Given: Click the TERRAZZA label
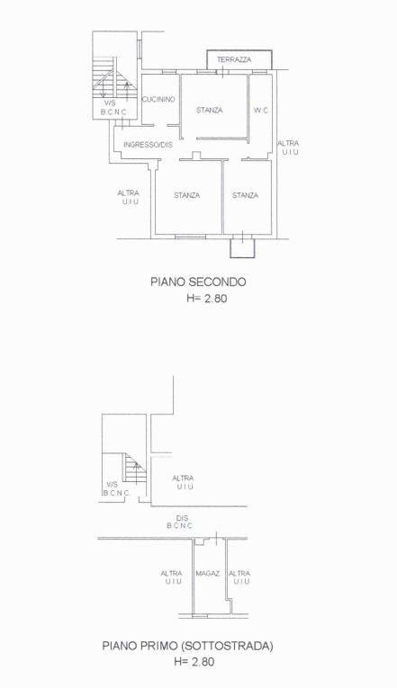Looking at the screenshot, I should coord(234,59).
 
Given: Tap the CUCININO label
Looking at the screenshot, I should coord(158,99).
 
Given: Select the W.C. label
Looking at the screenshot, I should coord(260,111).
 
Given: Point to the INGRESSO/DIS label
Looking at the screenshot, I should coord(148,144).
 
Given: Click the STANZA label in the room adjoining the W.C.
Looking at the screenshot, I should coord(209,111).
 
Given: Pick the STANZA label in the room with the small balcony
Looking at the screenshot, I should coord(245,195).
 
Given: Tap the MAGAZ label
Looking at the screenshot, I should coord(207,573).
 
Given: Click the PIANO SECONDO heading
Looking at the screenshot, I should coord(198,281).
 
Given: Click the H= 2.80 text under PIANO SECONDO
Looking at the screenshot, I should coord(198,299).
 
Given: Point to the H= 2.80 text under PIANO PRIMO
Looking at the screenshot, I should coord(198,663).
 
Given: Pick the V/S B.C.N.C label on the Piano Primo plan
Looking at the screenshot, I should coord(116,488).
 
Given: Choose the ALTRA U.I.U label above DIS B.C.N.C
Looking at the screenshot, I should coord(184,482).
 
